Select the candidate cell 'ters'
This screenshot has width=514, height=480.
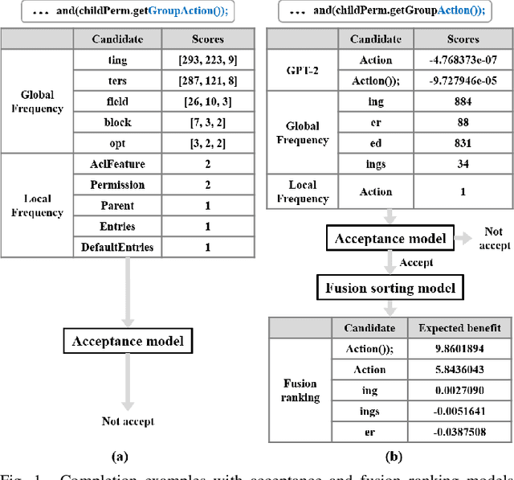(117, 80)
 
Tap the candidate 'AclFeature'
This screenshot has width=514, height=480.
(117, 163)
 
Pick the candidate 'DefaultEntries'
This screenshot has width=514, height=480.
(117, 247)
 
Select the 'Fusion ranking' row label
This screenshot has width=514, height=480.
(300, 390)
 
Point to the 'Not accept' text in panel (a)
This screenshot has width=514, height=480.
(127, 421)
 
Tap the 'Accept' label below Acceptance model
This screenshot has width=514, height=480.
(416, 262)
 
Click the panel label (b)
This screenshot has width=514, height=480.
(394, 457)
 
